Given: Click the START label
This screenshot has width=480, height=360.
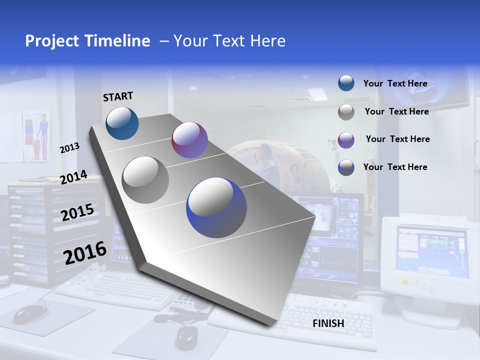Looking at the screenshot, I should [118, 96].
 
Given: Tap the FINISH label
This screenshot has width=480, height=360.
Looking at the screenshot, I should [328, 323].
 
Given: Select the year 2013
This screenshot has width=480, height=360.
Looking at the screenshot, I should [69, 148].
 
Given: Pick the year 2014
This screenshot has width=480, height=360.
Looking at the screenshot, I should [73, 177].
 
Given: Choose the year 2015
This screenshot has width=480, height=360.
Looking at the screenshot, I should [77, 212].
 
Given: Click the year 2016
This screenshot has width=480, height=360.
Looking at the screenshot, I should [85, 253].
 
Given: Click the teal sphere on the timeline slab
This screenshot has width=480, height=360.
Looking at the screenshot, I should [122, 123].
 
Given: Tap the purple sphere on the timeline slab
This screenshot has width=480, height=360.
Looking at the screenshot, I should [189, 140].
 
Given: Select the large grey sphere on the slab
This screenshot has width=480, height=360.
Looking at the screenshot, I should [145, 179].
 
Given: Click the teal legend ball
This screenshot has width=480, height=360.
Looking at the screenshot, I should [346, 83].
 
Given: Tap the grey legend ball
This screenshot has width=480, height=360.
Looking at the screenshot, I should [346, 112].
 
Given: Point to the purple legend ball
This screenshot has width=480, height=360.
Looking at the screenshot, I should [346, 139].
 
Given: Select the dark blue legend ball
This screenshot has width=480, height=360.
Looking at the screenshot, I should [346, 167].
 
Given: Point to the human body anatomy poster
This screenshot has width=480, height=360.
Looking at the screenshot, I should [37, 135].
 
